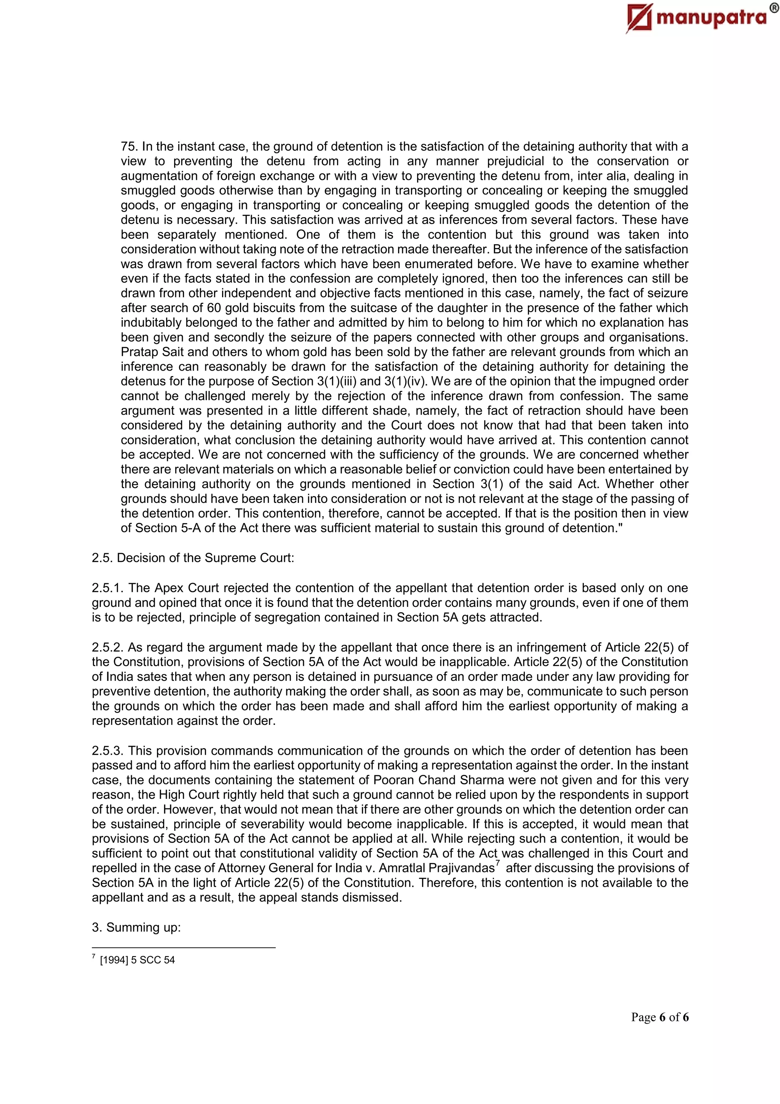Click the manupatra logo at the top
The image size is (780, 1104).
click(697, 18)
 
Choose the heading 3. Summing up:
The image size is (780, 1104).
click(136, 927)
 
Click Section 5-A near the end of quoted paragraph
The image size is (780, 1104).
click(163, 528)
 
